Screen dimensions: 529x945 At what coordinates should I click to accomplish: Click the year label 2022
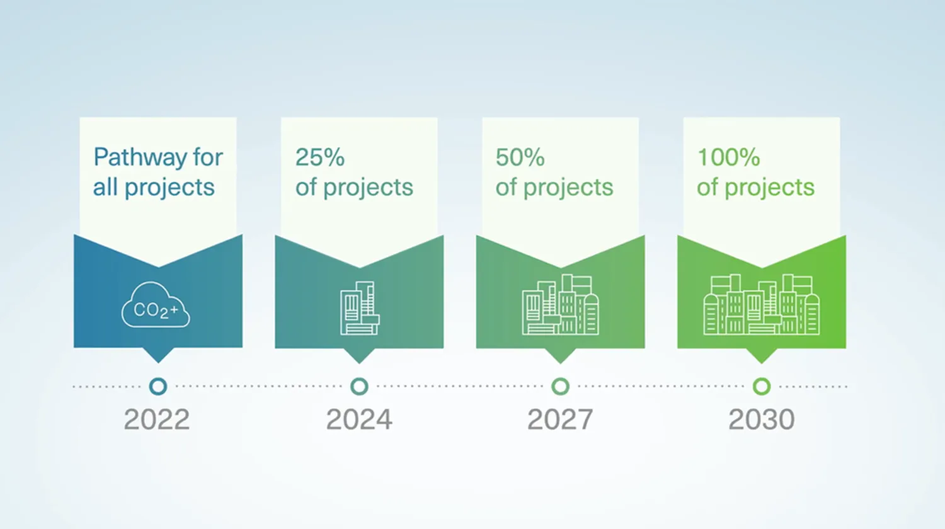tap(157, 419)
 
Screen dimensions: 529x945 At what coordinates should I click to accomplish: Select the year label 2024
tap(359, 419)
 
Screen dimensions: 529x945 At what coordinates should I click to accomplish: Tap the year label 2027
tap(560, 419)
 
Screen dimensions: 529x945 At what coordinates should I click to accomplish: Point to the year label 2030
tap(761, 419)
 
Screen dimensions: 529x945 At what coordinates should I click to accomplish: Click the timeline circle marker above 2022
tap(158, 386)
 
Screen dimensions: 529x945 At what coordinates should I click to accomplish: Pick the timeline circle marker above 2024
tap(359, 386)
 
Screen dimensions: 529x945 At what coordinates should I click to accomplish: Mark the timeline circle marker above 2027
tap(560, 386)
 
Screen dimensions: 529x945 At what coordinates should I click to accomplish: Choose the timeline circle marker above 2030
tap(762, 386)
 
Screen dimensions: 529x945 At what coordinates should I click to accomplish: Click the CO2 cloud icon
tap(155, 305)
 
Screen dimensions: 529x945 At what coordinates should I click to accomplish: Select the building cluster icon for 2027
tap(560, 305)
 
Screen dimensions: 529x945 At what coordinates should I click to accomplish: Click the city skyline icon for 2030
tap(761, 305)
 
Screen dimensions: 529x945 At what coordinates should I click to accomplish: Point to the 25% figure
tap(320, 157)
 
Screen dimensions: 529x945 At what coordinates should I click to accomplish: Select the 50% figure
tap(520, 157)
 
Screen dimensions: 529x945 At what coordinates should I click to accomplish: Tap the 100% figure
tap(728, 157)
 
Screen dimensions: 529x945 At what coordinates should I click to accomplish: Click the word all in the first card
tap(105, 188)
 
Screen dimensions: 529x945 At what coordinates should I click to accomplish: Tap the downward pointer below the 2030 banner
tap(761, 356)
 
